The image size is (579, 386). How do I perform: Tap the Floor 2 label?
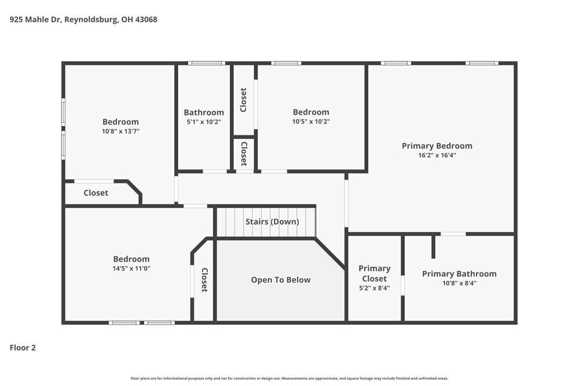click(x=23, y=348)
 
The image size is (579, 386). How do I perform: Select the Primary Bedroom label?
click(x=437, y=146)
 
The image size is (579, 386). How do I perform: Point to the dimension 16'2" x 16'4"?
click(x=437, y=155)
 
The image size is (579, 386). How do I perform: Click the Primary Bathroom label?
click(x=459, y=274)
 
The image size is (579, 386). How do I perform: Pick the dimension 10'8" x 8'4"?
click(x=459, y=283)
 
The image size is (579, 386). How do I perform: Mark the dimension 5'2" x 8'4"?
click(x=374, y=288)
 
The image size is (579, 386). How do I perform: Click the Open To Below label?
click(x=280, y=280)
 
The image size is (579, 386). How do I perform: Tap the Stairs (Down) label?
click(x=272, y=222)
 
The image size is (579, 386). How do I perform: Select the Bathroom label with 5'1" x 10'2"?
click(x=204, y=112)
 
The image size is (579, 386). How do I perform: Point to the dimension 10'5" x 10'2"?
click(x=311, y=122)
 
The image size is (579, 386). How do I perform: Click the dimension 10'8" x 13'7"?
click(x=120, y=131)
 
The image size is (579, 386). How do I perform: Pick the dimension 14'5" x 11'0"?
click(x=131, y=269)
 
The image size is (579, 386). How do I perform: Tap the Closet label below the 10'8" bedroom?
click(x=96, y=193)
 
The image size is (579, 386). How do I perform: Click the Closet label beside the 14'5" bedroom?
click(x=204, y=280)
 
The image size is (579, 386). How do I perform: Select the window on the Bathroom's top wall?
click(x=206, y=63)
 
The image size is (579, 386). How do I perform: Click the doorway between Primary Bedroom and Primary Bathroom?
click(x=453, y=234)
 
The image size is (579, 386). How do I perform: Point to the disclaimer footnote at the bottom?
click(x=289, y=378)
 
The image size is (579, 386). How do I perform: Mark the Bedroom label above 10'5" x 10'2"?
click(x=311, y=112)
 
